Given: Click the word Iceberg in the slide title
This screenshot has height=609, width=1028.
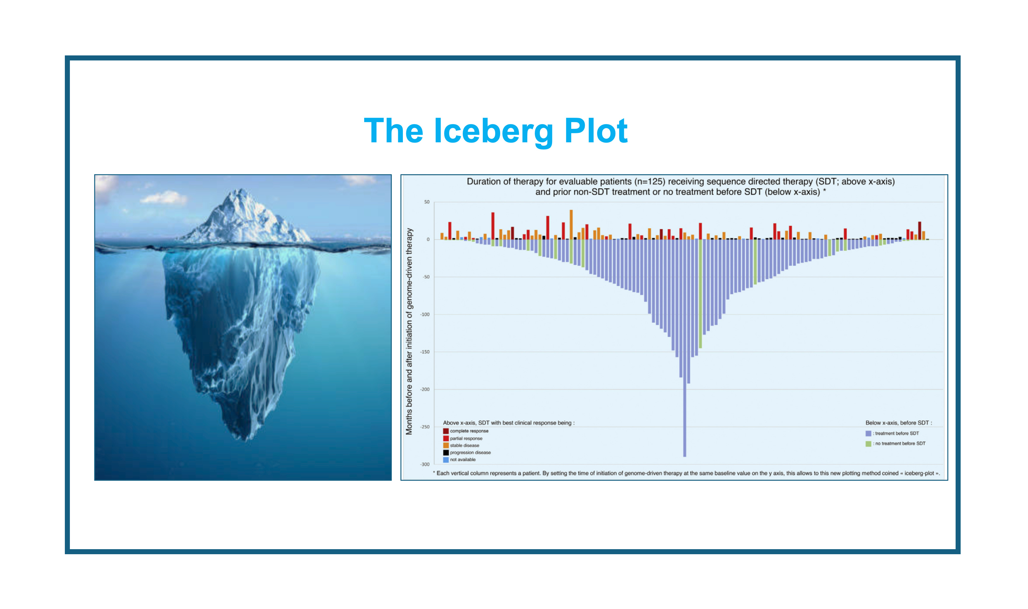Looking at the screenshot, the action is coord(494,131).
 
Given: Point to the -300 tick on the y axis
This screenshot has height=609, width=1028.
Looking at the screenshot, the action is coord(425,464).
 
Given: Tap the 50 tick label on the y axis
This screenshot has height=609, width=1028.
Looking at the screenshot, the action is coord(426,202).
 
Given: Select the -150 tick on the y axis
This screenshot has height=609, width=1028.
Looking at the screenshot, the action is coord(425,352).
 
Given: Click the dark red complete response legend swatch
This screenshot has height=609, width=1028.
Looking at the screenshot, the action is coord(445,431).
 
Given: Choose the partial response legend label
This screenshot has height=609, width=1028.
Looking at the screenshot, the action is coord(466,438).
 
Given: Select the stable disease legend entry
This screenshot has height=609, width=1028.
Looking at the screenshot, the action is coord(461,445).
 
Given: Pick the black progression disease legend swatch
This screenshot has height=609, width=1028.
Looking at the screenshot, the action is coord(445,452).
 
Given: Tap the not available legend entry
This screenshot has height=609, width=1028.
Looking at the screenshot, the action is coord(460,460).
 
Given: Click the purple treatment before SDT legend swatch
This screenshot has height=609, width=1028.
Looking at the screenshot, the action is coord(868,433).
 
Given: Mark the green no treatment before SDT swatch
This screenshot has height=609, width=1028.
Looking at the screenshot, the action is coord(868,444).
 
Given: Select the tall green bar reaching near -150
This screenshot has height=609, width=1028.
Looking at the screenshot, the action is coord(700,294).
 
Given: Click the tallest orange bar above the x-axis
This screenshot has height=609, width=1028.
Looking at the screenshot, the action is coord(571,225).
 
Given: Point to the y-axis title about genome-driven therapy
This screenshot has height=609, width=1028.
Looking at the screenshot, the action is coord(409,332).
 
